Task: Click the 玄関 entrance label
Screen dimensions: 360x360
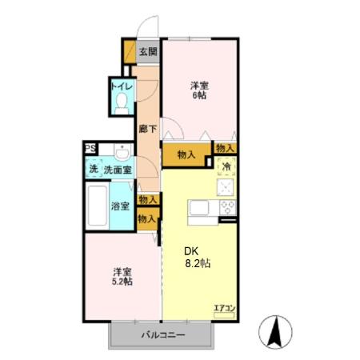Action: point(147,53)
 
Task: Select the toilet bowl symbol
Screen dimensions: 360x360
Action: point(121,102)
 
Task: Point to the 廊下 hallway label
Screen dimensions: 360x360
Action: point(146,127)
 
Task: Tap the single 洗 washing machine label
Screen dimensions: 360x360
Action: point(92,170)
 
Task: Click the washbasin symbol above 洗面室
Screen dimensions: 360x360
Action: point(122,152)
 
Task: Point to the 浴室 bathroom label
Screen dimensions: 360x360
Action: point(120,206)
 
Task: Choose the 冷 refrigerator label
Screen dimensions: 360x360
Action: point(226,167)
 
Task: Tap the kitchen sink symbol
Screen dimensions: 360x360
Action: point(198,210)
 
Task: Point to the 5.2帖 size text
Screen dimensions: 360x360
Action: point(122,282)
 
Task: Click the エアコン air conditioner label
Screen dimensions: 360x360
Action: point(223,306)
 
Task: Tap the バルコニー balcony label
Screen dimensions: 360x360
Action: point(164,336)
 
